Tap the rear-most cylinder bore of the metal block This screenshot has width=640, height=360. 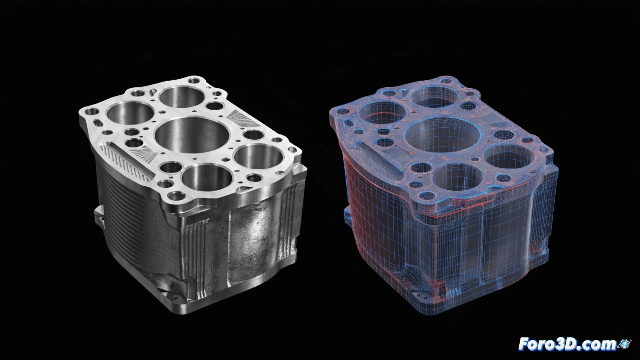(182, 97)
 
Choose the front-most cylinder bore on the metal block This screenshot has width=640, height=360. (207, 178)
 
